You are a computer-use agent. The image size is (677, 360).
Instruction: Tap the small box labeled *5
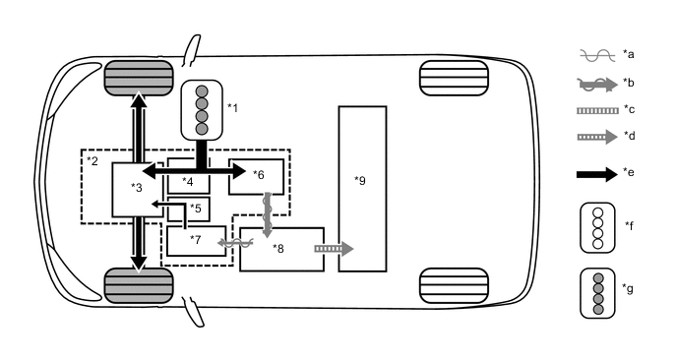tap(188, 209)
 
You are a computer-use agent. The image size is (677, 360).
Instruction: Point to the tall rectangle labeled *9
tap(362, 188)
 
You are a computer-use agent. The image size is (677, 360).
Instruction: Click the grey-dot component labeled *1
tap(203, 109)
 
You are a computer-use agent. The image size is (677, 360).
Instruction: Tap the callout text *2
tap(92, 159)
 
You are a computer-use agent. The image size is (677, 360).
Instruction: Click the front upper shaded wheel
tap(139, 76)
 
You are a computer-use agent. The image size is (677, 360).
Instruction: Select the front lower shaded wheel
tap(139, 285)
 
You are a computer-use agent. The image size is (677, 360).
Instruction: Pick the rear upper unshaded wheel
tap(454, 78)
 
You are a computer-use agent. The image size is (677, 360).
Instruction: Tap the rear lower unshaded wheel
tap(454, 284)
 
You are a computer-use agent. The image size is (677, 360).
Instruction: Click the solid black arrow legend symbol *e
tap(594, 173)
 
